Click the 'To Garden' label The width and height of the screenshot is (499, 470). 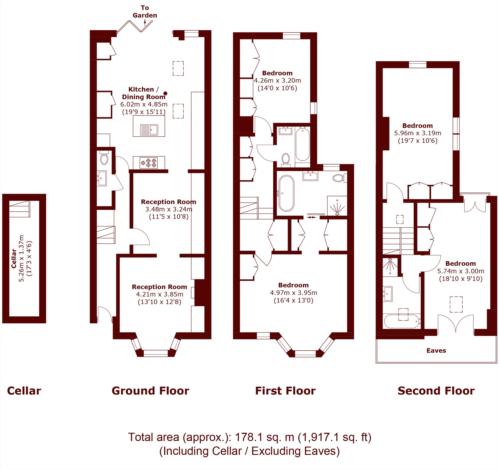[145, 12]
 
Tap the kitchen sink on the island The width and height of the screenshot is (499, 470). [149, 130]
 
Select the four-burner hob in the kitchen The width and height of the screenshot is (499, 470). [149, 163]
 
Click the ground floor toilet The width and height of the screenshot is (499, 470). [104, 158]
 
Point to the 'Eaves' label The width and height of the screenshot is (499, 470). [436, 350]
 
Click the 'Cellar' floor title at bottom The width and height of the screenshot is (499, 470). [24, 391]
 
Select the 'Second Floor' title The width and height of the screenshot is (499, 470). [436, 391]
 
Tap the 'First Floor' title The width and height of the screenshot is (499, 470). [285, 391]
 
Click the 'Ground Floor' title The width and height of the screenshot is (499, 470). [150, 391]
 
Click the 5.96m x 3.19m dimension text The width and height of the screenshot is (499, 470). [418, 133]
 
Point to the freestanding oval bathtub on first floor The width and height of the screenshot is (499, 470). [286, 193]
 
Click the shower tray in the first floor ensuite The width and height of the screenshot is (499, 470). [337, 206]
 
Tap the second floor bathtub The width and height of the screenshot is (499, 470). [402, 321]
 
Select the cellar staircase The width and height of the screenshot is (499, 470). [20, 209]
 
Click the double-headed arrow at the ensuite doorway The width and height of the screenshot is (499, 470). [311, 217]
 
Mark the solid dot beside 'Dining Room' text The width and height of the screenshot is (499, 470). [165, 94]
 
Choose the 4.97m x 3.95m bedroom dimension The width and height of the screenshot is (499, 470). [294, 293]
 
